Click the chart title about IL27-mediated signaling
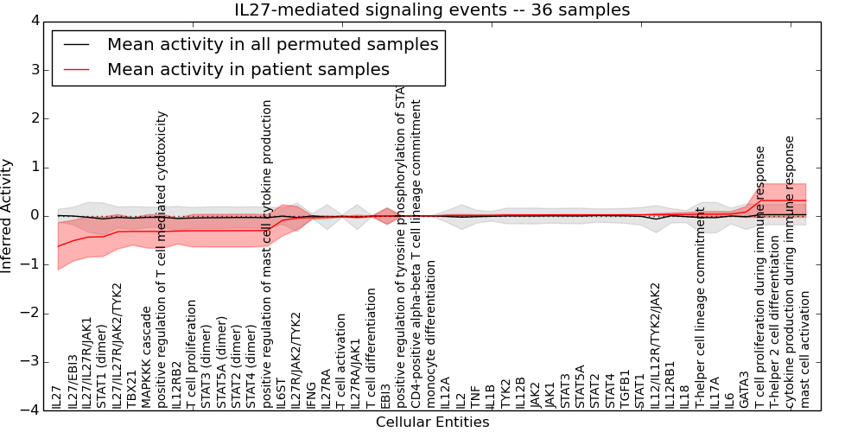point(432,10)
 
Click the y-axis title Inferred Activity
point(8,215)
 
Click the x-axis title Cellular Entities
point(432,422)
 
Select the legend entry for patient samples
point(248,69)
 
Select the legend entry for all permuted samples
point(272,44)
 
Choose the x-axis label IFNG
point(310,393)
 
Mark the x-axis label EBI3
point(385,394)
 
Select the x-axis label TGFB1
point(625,390)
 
